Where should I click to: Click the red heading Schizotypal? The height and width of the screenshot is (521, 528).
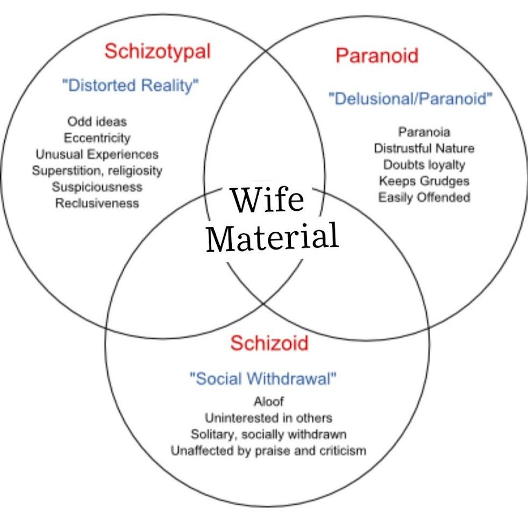pyautogui.click(x=157, y=52)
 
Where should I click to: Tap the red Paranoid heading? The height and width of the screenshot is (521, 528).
pyautogui.click(x=377, y=55)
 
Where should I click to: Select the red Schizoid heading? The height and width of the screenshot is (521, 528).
pyautogui.click(x=269, y=343)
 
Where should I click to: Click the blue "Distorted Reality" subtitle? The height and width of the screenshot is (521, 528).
pyautogui.click(x=131, y=85)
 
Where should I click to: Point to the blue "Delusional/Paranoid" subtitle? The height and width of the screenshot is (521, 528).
pyautogui.click(x=410, y=99)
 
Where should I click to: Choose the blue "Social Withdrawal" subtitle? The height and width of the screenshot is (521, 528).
pyautogui.click(x=263, y=379)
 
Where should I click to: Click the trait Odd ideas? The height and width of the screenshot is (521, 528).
pyautogui.click(x=97, y=121)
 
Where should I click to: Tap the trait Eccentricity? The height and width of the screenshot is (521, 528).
pyautogui.click(x=97, y=138)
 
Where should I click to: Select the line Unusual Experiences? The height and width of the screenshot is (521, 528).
pyautogui.click(x=97, y=154)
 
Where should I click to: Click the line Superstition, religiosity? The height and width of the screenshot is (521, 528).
pyautogui.click(x=97, y=171)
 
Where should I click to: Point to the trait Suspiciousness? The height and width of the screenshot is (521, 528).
pyautogui.click(x=97, y=187)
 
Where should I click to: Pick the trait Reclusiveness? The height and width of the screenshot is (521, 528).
pyautogui.click(x=97, y=203)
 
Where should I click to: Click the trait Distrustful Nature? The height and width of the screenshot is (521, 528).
pyautogui.click(x=424, y=148)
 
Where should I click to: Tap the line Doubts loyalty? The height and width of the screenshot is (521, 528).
pyautogui.click(x=424, y=165)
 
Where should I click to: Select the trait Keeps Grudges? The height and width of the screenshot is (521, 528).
pyautogui.click(x=424, y=181)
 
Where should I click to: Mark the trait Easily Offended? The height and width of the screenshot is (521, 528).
pyautogui.click(x=424, y=197)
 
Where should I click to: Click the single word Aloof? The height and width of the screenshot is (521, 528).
pyautogui.click(x=269, y=402)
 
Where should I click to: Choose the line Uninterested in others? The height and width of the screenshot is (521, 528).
pyautogui.click(x=269, y=418)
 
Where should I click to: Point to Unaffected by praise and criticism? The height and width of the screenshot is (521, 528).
pyautogui.click(x=269, y=451)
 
